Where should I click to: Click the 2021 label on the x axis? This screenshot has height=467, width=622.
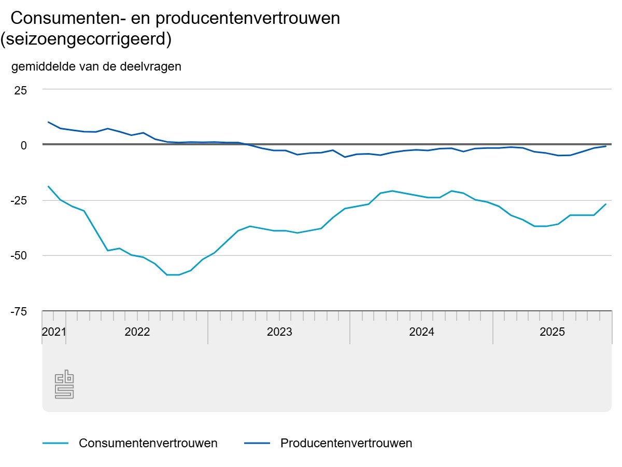(54, 332)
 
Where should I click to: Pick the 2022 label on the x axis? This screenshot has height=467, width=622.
(137, 332)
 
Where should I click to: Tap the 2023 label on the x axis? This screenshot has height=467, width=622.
(279, 332)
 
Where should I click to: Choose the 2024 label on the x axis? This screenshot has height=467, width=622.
(421, 332)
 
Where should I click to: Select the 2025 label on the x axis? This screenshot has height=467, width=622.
(553, 332)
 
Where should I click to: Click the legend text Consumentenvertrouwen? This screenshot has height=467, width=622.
(148, 443)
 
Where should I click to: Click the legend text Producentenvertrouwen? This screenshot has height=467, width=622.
(346, 443)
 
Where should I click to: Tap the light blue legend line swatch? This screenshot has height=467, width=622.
(55, 443)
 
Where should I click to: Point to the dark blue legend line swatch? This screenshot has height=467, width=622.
(257, 443)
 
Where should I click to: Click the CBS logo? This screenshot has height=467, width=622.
(64, 384)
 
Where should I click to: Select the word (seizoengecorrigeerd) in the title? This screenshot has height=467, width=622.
(86, 39)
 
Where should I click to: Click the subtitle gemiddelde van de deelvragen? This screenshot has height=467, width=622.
(96, 66)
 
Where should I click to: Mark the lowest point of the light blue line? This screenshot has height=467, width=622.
(173, 274)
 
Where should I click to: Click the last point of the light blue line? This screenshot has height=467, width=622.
(606, 204)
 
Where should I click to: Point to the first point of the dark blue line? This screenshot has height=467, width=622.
(48, 122)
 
